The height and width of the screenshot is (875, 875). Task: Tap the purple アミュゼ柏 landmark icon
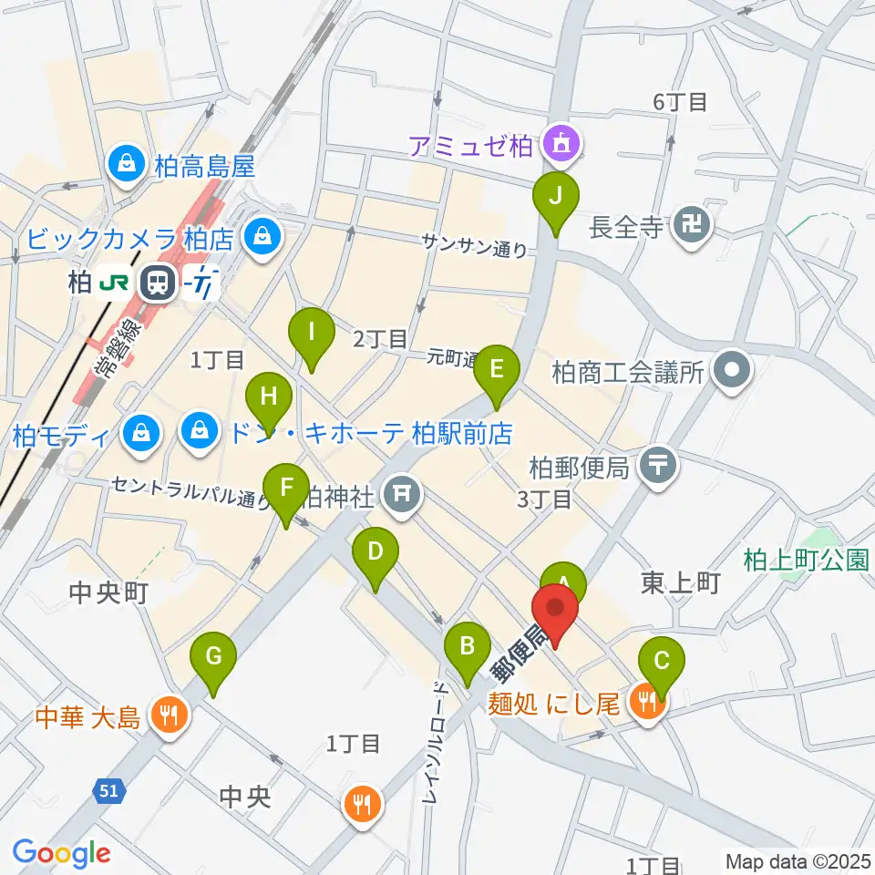click(x=558, y=143)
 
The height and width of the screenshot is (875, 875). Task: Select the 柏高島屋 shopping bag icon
click(x=124, y=164)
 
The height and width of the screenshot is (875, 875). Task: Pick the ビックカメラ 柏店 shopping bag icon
click(x=262, y=237)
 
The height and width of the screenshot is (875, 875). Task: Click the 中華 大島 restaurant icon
click(x=167, y=715)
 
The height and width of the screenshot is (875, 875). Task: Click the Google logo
click(x=62, y=852)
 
